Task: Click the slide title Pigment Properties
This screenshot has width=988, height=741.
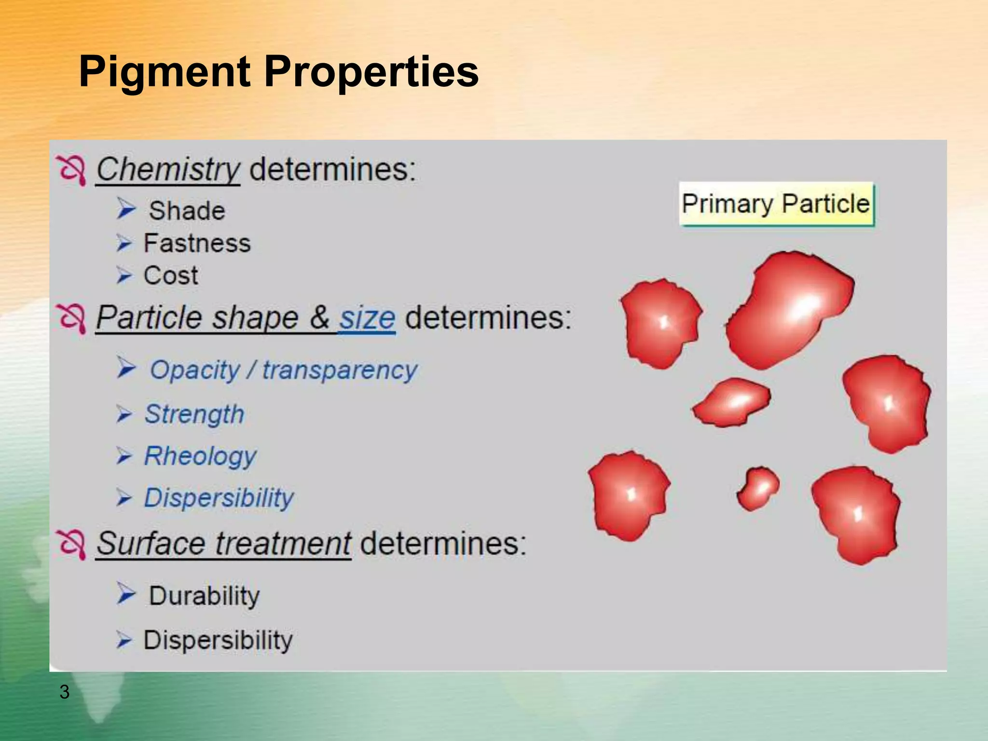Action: tap(278, 71)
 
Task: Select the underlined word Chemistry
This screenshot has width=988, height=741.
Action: tap(167, 169)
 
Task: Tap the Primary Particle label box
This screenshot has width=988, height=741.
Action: tap(776, 204)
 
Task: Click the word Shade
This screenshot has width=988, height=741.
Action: tap(187, 211)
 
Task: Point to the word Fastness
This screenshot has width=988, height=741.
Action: tap(197, 243)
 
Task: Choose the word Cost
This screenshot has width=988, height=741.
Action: tap(171, 275)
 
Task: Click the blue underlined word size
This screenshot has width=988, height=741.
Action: tap(367, 318)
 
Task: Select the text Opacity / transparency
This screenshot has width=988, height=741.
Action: tap(283, 370)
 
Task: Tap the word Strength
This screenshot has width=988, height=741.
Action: tap(194, 414)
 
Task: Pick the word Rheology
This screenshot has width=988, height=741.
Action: tap(200, 456)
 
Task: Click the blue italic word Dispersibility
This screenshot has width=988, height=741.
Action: tap(219, 498)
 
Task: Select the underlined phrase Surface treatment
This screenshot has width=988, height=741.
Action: tap(223, 544)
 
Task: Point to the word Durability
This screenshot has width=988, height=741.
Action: tap(204, 596)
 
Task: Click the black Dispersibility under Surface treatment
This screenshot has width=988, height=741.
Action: tap(218, 640)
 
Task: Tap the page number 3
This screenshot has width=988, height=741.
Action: tap(64, 692)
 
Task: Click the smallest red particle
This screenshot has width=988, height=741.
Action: tap(757, 489)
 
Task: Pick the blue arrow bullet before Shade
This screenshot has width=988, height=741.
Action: tap(126, 209)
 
